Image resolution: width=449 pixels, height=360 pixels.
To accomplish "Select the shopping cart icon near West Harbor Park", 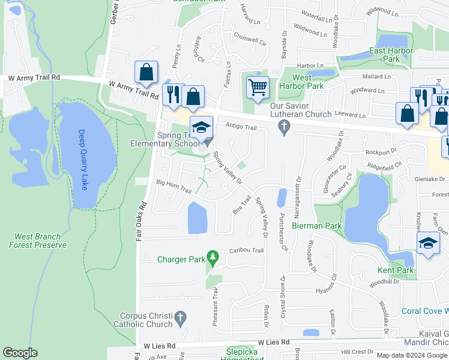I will [258, 88].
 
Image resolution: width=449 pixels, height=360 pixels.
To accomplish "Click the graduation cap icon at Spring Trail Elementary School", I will [201, 126].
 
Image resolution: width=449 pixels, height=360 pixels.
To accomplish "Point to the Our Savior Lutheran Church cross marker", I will [285, 127].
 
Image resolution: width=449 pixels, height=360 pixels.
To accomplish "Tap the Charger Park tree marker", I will [212, 258].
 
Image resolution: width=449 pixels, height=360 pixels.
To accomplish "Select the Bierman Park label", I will [316, 226].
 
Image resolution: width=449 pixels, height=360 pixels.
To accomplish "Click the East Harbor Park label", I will [393, 55].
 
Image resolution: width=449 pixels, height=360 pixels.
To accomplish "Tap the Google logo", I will [20, 353].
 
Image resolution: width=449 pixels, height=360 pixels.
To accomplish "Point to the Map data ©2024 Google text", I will [411, 355].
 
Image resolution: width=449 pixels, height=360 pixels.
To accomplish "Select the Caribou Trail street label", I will [246, 250].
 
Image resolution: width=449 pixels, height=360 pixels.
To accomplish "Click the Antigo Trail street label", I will [241, 127].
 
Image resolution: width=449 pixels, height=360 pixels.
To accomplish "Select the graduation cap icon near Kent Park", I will [427, 242].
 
